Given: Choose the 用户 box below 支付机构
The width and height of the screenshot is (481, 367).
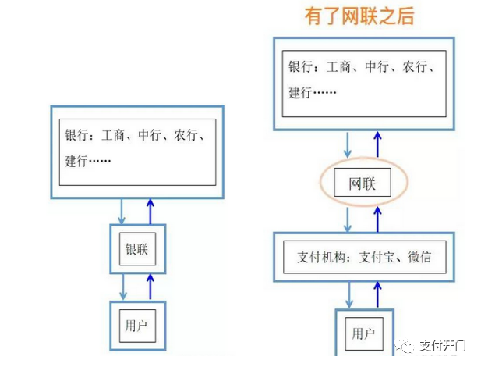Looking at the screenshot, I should tap(363, 333).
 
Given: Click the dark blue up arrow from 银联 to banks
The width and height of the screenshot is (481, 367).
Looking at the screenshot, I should tap(151, 210).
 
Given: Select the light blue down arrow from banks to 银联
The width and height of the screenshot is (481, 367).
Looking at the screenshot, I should tap(122, 210).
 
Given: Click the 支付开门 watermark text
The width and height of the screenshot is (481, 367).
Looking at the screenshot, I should tap(442, 344).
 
